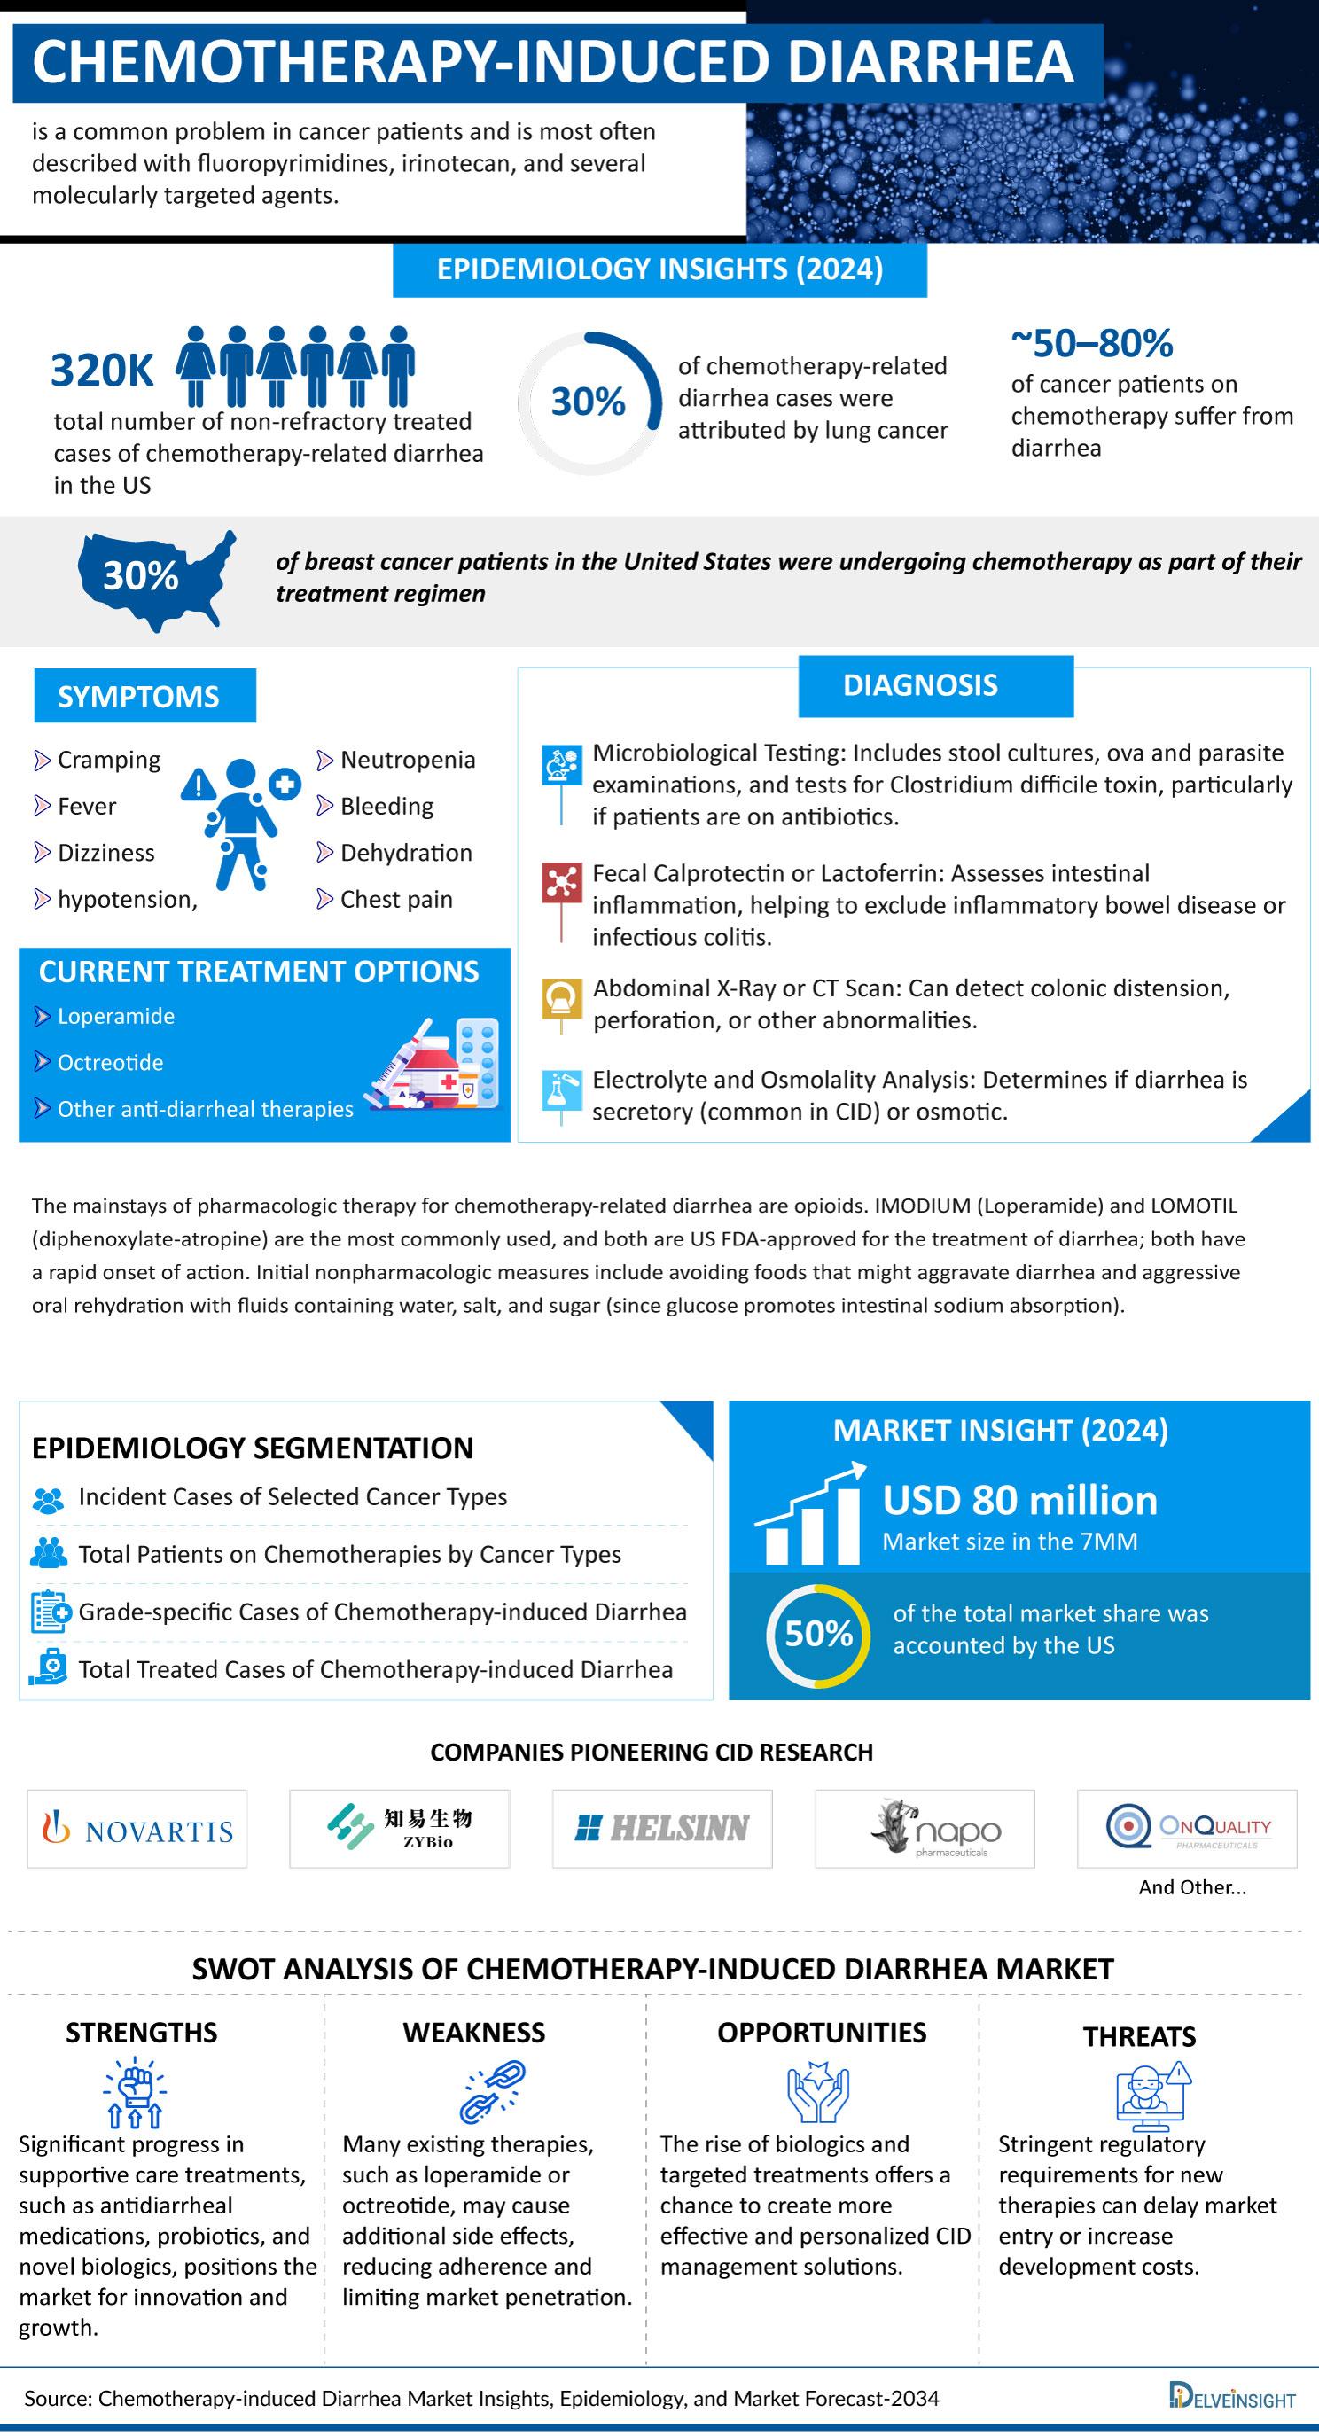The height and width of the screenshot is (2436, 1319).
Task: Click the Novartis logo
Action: pos(137,1830)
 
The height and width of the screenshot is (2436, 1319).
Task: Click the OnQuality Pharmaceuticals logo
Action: pos(1187,1828)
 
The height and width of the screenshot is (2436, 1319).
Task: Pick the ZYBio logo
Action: pos(399,1828)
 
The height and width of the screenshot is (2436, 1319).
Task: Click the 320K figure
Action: pos(101,371)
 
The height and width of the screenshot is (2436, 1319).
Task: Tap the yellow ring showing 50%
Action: pos(818,1636)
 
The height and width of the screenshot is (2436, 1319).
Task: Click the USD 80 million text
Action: pos(1019,1501)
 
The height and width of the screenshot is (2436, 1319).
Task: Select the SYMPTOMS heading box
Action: pos(144,696)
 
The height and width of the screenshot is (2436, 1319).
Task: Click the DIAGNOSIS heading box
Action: pos(935,685)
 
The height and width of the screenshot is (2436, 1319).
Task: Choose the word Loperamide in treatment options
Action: pos(115,1017)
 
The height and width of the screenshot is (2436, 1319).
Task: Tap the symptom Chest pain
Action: pos(396,899)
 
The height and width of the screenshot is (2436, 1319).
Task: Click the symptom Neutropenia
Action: pos(408,761)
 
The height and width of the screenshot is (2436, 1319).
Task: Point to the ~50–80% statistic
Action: pos(1092,343)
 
